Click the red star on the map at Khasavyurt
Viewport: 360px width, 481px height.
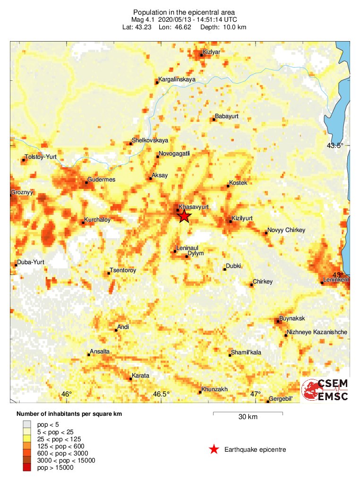(x=184, y=216)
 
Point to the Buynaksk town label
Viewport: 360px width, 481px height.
(x=292, y=318)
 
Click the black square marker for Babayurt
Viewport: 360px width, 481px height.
(x=214, y=120)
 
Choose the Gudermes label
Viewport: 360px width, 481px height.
(x=102, y=180)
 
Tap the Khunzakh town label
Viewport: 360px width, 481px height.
(x=214, y=389)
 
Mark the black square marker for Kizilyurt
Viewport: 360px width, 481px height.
(x=230, y=221)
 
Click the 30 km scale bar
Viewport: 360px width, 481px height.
(x=248, y=414)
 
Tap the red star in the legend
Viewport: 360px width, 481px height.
(x=214, y=449)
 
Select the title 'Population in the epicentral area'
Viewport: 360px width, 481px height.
(x=184, y=12)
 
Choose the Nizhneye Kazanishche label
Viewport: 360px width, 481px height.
(x=317, y=332)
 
